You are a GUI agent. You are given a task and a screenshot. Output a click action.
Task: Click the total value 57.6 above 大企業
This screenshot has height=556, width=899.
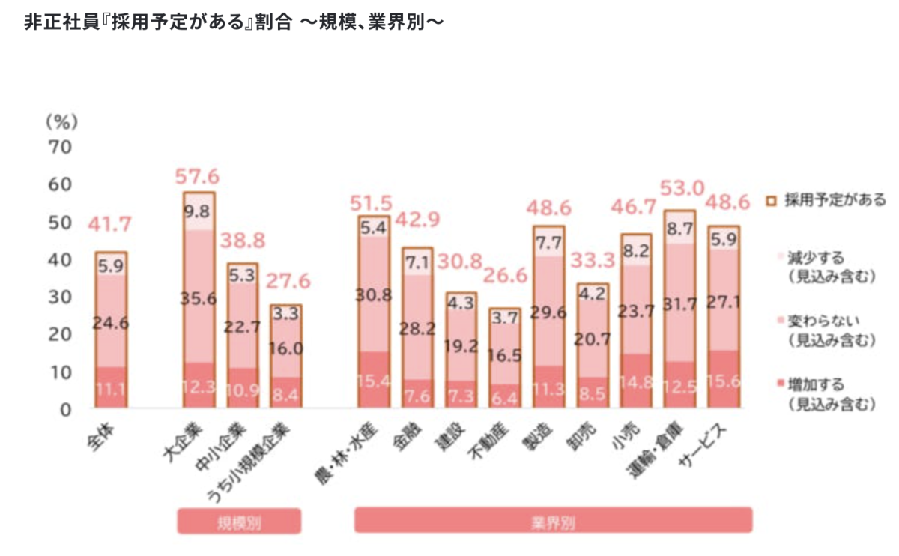tap(198, 177)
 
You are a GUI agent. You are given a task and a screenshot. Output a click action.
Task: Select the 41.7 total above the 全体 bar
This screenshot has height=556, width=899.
tap(111, 223)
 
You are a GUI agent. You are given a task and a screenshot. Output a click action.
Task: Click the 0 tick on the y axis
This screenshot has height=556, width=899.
tap(66, 409)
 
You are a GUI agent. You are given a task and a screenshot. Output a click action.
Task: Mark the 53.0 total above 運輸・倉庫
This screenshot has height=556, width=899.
tap(680, 187)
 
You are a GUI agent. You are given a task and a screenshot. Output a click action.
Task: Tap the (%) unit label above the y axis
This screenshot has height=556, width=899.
tap(61, 120)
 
